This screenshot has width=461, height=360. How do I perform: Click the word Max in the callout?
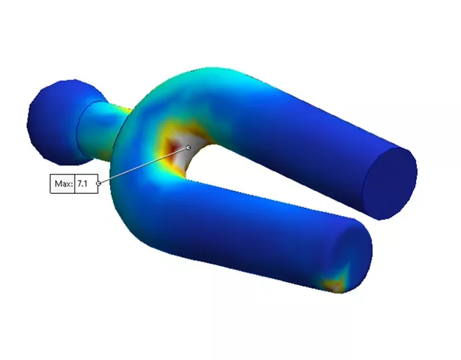point(63,184)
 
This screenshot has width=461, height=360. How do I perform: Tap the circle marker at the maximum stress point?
point(189,147)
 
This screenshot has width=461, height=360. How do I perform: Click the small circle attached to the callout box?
point(98,183)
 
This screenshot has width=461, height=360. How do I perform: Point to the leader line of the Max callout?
point(143,165)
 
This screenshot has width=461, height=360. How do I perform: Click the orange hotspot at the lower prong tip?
point(335,281)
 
